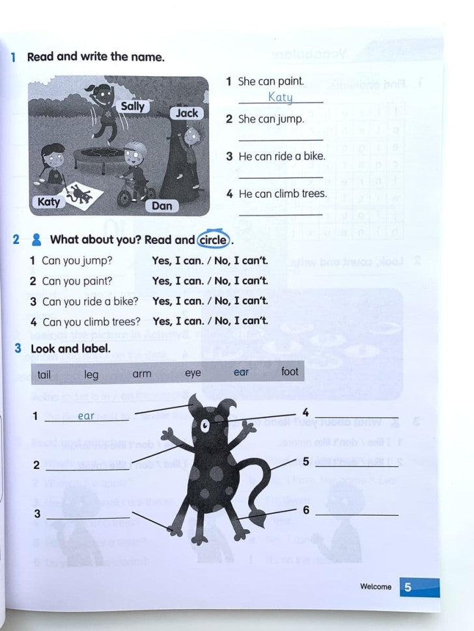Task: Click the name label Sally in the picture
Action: pos(133,106)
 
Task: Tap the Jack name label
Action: pos(186,113)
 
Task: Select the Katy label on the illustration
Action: pos(49,202)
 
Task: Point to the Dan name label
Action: pos(162,206)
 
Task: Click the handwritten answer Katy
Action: pos(280,98)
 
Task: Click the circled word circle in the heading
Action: pos(213,239)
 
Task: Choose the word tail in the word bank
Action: pos(44,374)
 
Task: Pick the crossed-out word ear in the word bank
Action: pos(241,372)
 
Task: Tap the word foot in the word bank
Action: pos(290,371)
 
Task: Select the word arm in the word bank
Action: pos(141,373)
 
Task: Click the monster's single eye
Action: pos(206,427)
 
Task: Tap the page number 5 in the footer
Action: pos(408,587)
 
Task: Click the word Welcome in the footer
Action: pos(376,587)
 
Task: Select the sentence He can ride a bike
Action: pos(281,157)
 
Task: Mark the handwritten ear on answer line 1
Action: pos(86,416)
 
